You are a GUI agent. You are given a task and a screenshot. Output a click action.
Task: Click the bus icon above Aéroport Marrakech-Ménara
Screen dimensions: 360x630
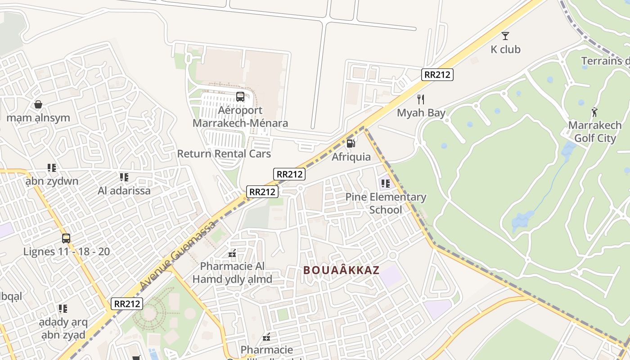click(240, 96)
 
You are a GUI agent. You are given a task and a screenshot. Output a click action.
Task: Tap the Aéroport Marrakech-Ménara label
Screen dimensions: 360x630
click(240, 117)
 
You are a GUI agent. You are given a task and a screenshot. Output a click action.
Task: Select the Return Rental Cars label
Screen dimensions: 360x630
click(224, 153)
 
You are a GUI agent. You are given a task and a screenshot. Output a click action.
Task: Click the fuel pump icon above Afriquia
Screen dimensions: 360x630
click(351, 144)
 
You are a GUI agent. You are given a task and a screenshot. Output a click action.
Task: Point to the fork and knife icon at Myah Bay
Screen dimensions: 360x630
click(421, 99)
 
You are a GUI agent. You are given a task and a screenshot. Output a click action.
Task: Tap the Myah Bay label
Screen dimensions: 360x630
click(421, 112)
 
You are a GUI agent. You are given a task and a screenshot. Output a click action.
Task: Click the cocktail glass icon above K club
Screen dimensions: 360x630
click(505, 36)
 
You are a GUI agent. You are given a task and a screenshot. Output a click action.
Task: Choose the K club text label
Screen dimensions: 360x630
click(505, 49)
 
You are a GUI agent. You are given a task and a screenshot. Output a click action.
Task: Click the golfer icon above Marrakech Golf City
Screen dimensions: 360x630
click(594, 112)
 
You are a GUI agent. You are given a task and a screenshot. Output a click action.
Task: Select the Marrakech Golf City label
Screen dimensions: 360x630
click(594, 131)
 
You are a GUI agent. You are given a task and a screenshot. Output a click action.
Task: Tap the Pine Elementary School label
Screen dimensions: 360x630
click(386, 203)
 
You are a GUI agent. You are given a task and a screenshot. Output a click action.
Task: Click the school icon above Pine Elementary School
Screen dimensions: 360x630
click(385, 183)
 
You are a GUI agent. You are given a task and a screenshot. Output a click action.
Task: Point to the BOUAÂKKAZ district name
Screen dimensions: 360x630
click(341, 270)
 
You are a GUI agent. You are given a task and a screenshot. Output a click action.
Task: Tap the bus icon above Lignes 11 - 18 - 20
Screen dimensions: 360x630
click(66, 238)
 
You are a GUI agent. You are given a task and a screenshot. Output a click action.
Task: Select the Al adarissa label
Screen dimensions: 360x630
click(124, 190)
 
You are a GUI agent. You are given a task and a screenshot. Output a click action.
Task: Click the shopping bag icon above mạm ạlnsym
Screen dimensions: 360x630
click(38, 104)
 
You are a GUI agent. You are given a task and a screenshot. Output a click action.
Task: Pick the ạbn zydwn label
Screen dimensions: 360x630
click(52, 181)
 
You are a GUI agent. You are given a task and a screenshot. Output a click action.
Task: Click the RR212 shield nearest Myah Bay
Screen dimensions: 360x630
click(437, 75)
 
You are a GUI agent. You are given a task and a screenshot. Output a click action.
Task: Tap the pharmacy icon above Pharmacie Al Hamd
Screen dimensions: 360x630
click(232, 253)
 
